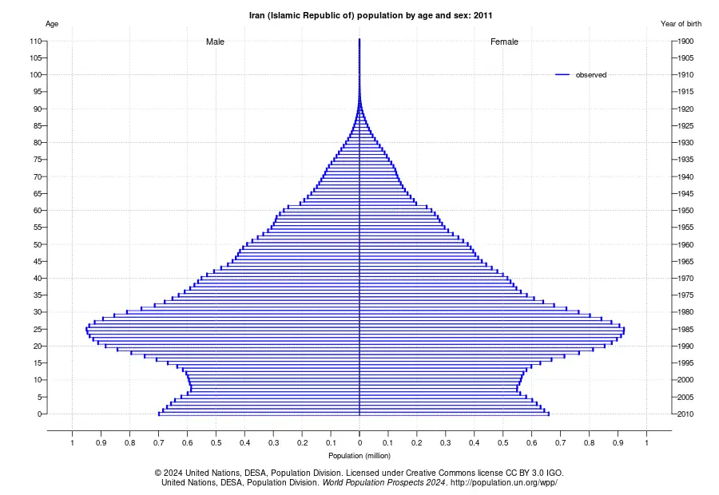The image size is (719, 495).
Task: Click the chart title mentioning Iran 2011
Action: coord(371,15)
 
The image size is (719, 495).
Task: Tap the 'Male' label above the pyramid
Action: coord(215,42)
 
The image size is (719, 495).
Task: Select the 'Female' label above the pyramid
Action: coord(504,42)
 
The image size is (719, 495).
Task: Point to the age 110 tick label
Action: coord(36,42)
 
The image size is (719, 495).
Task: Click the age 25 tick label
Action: coord(38,329)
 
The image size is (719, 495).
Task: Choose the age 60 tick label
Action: coord(38,211)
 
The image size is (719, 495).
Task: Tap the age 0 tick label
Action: coord(40,414)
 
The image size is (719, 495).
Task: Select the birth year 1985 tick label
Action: coord(685,329)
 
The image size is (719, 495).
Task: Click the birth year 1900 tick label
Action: coord(685,42)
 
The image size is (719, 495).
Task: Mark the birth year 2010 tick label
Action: coord(685,414)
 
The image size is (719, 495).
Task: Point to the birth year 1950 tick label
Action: coord(685,211)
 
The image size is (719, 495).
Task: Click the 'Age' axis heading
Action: coord(52,24)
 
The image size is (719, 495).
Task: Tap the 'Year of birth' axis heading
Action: coord(681,24)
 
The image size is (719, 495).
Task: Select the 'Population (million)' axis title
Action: coord(359,456)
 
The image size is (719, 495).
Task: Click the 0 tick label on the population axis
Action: coord(359,443)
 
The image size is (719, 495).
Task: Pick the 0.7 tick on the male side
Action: coord(159,443)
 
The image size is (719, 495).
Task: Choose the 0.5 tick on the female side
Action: coord(503,443)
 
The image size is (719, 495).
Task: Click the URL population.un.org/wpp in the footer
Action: coord(504,482)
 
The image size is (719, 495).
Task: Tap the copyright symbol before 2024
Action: coord(158,473)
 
